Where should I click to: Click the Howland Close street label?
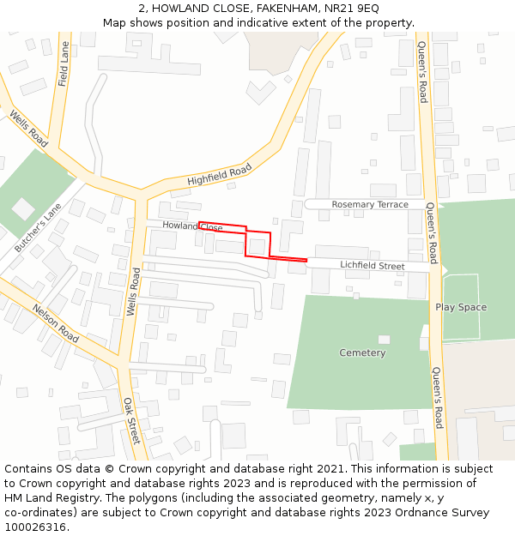[192, 226]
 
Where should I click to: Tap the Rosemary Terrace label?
[370, 204]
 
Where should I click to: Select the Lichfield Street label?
[372, 266]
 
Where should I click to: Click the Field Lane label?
[64, 64]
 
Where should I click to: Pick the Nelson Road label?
[55, 323]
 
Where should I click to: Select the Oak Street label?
[130, 420]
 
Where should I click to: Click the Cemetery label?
[362, 352]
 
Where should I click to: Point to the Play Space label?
[460, 307]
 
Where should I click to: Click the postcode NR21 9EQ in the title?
[347, 8]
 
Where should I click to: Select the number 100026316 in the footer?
[35, 527]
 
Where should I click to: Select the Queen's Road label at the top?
[421, 72]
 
